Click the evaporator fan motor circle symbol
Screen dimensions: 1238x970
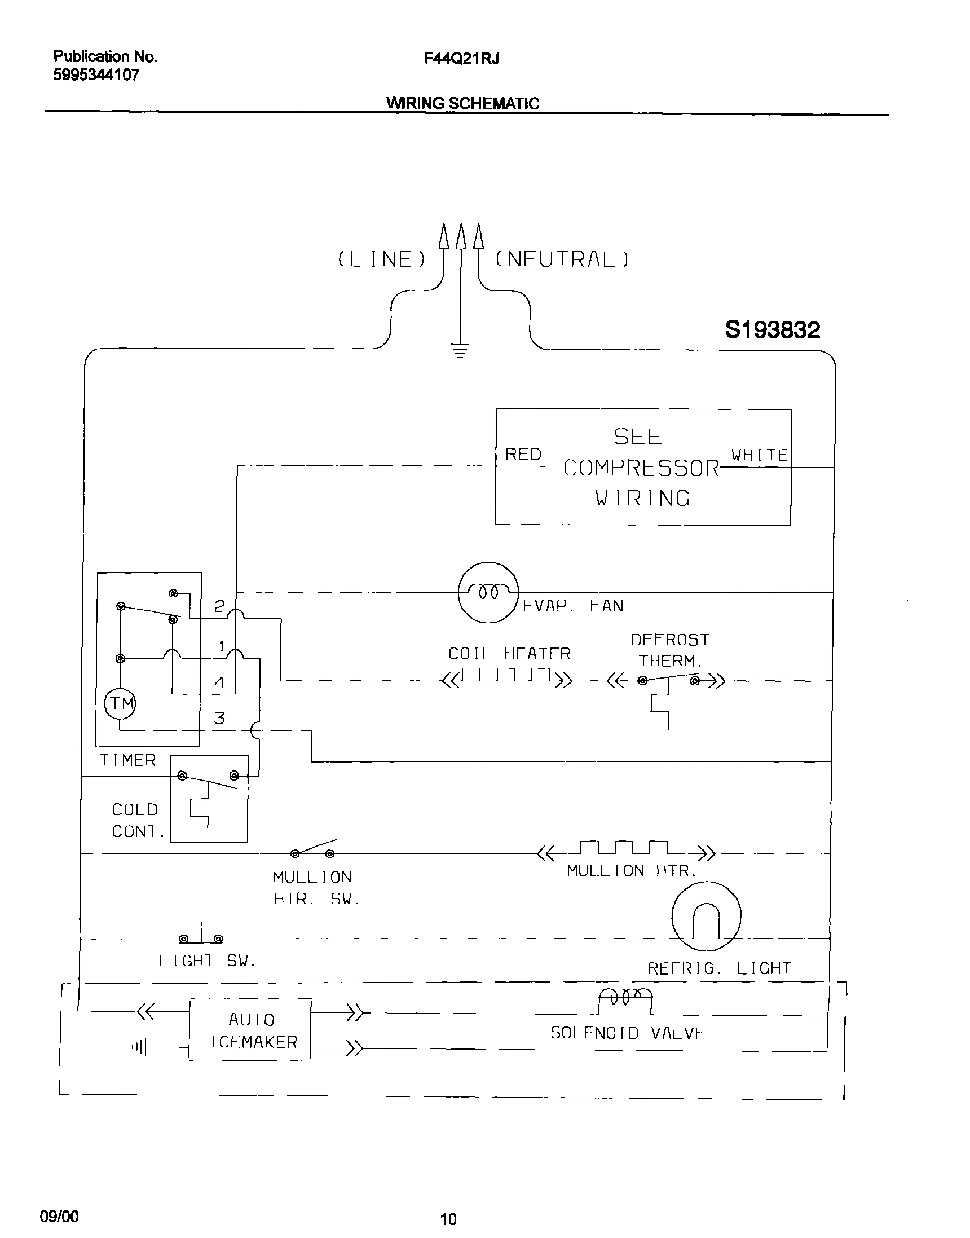488,592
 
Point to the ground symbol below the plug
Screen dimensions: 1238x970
460,350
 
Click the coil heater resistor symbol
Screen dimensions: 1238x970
506,677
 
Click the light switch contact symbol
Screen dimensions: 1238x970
201,936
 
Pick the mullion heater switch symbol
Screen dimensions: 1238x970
313,850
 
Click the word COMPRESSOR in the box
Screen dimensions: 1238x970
641,468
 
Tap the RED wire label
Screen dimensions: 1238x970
523,455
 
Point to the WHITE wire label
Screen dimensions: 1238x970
759,455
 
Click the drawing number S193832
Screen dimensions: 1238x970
773,330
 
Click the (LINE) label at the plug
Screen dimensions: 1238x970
382,259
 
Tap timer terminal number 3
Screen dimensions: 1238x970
219,719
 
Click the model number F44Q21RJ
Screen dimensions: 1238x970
461,59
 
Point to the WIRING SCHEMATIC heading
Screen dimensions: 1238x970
462,103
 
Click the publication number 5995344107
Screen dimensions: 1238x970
96,75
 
